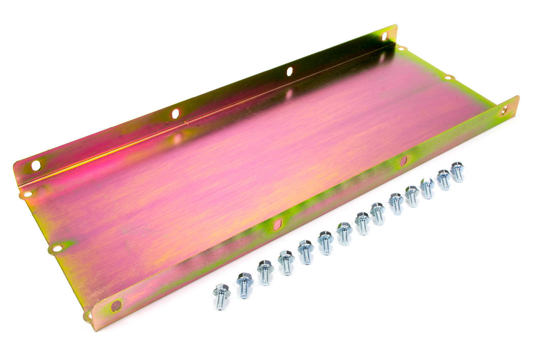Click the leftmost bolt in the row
[221, 296]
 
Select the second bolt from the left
[244, 285]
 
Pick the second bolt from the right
[443, 180]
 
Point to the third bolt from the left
[265, 272]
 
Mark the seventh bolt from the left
[344, 233]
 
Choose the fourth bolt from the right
[412, 196]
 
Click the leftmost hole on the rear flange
[36, 165]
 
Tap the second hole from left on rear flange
[175, 114]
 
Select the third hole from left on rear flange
[290, 72]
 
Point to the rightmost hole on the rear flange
[384, 36]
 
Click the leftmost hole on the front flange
[116, 306]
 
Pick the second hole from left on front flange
[277, 224]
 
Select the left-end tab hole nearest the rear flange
[27, 194]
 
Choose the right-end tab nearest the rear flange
[401, 48]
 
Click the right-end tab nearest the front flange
[448, 77]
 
